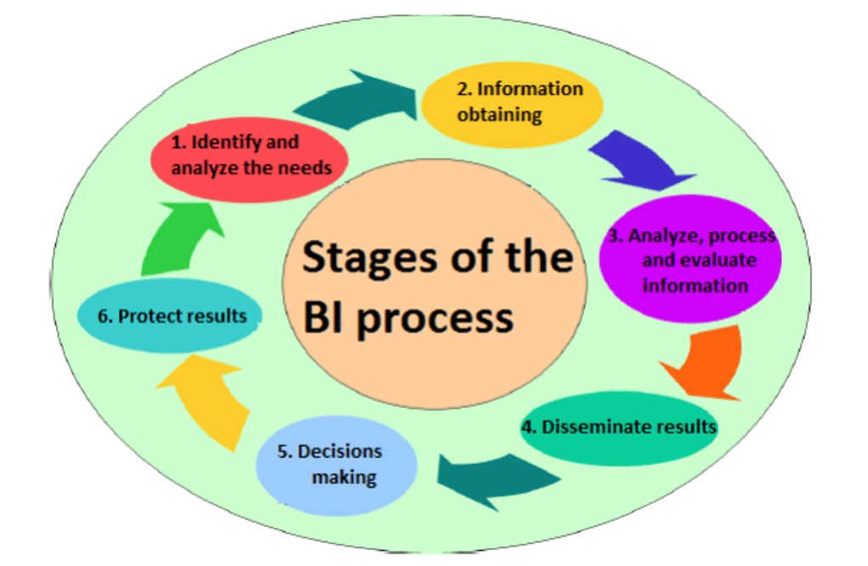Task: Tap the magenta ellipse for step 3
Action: (x=689, y=259)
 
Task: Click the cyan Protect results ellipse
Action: (x=169, y=317)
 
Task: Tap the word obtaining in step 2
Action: (x=499, y=114)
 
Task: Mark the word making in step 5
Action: (x=343, y=477)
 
